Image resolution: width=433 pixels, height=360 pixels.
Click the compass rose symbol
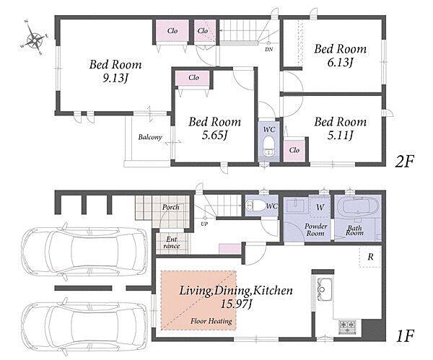34,38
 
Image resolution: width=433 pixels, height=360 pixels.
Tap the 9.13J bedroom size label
115,79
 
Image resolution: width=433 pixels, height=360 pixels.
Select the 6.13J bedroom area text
340,63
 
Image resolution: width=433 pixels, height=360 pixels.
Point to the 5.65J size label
214,135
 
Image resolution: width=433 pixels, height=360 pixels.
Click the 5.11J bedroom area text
340,135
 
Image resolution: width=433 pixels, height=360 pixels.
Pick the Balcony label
150,137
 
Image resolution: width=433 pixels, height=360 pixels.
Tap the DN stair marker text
268,50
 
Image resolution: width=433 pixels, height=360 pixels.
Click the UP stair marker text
204,224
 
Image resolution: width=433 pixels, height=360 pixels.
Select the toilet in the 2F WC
268,147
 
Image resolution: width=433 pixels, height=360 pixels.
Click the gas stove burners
347,326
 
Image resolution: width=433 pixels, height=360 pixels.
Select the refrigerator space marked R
370,257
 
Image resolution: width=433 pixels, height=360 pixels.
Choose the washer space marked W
320,207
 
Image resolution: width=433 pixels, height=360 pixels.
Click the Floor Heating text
211,321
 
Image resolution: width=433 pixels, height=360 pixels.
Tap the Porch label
170,207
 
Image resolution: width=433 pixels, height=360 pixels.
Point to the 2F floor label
405,162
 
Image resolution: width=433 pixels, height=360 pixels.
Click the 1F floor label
405,335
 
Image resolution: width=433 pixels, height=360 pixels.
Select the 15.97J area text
237,304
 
